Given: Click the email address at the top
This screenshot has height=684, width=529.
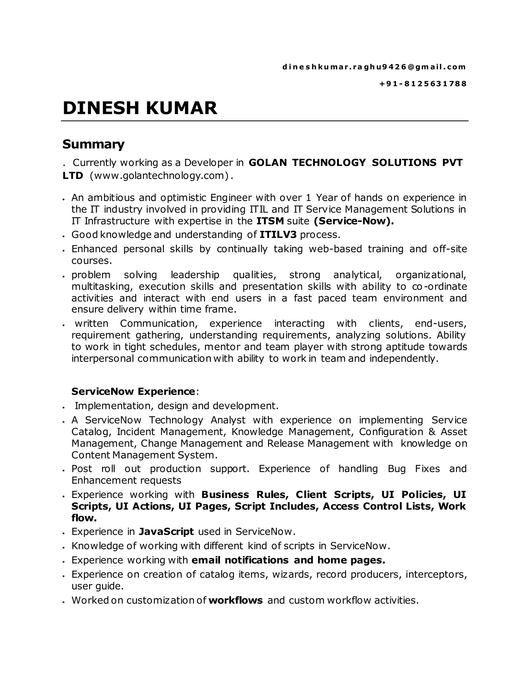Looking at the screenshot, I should (x=374, y=67).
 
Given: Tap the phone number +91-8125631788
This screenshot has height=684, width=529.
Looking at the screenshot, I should (x=423, y=84).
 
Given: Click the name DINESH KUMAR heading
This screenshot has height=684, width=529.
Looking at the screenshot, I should (x=140, y=108).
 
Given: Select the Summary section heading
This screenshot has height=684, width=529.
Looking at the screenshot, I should (x=94, y=144).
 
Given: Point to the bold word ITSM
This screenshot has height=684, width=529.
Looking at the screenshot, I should (x=270, y=221).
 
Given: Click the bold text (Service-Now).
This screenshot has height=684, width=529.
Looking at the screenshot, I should (x=354, y=221).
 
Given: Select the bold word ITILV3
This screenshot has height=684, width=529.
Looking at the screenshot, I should (x=278, y=235).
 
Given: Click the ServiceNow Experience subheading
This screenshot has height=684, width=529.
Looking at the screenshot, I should (x=134, y=392).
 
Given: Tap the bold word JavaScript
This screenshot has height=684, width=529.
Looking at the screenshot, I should (x=166, y=531).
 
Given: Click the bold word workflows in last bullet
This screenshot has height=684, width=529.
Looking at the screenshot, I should (x=235, y=600).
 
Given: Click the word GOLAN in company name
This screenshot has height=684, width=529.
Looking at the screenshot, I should (x=267, y=163).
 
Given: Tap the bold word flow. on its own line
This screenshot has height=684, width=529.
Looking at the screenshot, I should (x=84, y=518).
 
